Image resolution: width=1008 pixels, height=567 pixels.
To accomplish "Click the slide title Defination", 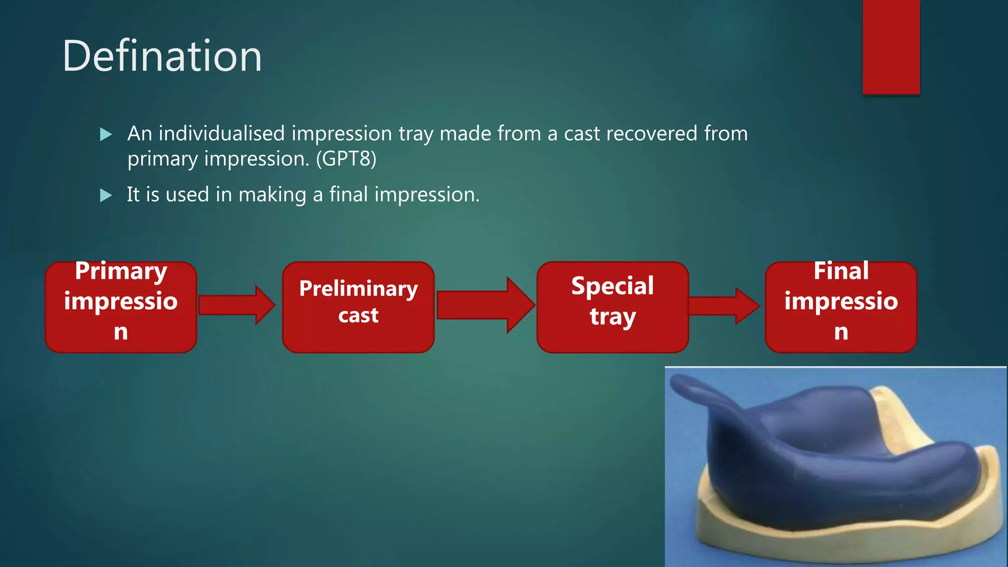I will (162, 56).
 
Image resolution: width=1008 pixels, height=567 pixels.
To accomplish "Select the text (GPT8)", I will (346, 159).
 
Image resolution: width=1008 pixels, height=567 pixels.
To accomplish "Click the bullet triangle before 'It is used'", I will (106, 195).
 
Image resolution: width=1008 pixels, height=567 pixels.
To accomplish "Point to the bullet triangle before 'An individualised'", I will (106, 134).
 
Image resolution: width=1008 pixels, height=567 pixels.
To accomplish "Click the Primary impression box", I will (121, 307).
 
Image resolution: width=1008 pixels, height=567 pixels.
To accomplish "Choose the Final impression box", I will (841, 307).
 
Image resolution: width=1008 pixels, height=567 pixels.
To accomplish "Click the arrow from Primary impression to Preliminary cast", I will (236, 305).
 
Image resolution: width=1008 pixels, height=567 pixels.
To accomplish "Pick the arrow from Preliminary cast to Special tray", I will (485, 305).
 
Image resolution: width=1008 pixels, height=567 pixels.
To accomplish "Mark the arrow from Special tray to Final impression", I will (724, 306).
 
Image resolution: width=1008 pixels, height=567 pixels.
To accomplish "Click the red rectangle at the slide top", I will (891, 47).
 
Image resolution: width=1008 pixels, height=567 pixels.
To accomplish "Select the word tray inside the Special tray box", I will (613, 316).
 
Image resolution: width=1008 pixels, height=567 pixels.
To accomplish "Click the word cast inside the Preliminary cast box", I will (358, 315).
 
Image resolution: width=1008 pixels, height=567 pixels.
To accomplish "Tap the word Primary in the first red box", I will (121, 271).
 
